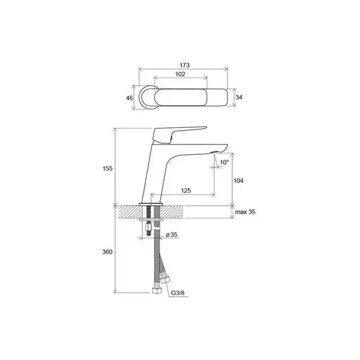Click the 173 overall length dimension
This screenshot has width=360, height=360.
185,65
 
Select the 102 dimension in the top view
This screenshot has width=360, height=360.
180,74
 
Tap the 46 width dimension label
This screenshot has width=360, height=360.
130,98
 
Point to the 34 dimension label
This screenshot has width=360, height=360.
239,97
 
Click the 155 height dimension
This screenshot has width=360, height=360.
107,169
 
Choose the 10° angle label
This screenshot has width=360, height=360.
224,163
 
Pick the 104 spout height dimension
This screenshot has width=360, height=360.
238,181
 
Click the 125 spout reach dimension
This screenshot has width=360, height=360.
186,190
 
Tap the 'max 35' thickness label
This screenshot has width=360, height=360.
245,212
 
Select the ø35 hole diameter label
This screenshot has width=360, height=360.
172,235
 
